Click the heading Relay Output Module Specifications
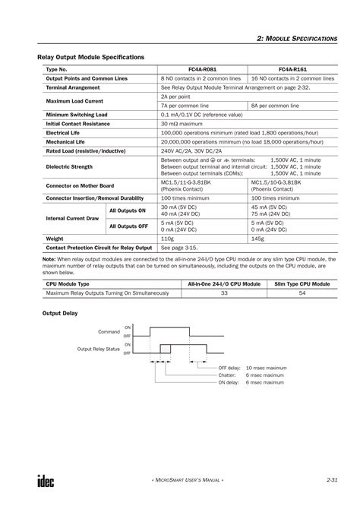(91, 57)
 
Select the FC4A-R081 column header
(203, 68)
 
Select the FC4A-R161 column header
(293, 68)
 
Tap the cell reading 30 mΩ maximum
(182, 123)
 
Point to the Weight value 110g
(168, 239)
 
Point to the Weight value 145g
(258, 239)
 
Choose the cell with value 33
(224, 292)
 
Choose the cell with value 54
(302, 292)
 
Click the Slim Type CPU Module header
(302, 283)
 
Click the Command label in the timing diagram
(109, 332)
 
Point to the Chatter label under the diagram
(228, 375)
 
